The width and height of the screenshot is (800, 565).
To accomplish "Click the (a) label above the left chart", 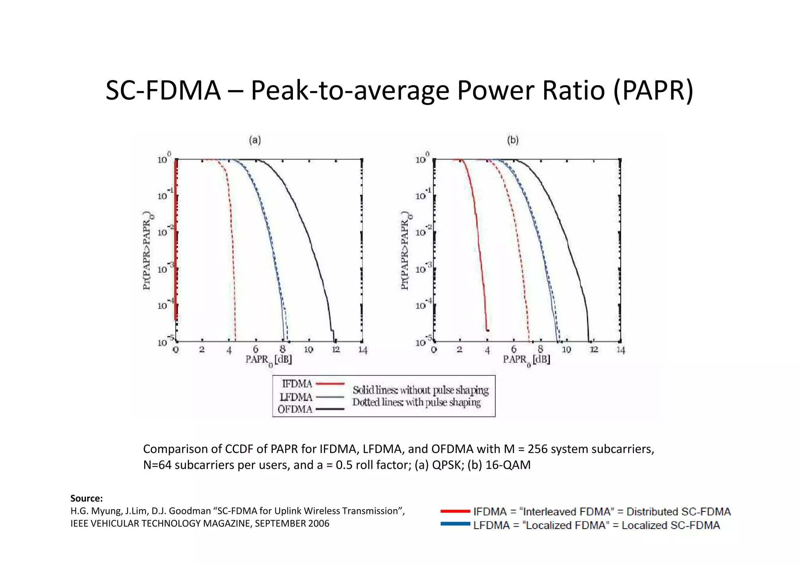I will coord(255,140).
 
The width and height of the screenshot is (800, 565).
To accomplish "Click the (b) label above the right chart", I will coord(512,140).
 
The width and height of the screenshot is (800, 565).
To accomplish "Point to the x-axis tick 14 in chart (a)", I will coord(362,350).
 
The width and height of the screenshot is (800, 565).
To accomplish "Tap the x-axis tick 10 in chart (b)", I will coord(566,350).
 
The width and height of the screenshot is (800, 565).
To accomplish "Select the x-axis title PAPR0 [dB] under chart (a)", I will coord(269,360).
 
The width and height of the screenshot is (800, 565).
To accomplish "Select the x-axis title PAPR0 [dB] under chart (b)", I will coord(527,360).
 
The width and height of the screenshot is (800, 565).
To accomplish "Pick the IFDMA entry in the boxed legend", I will coord(297,384).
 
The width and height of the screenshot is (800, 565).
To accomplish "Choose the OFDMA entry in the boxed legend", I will coord(295,409).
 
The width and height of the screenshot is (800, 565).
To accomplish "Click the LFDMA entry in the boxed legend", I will coord(296,397).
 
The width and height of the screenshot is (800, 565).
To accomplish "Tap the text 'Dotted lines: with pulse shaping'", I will coord(416,402).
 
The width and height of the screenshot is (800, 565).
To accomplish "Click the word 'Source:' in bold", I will coord(86,498).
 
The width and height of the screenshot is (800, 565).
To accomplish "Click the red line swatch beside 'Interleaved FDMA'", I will coord(455,511).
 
